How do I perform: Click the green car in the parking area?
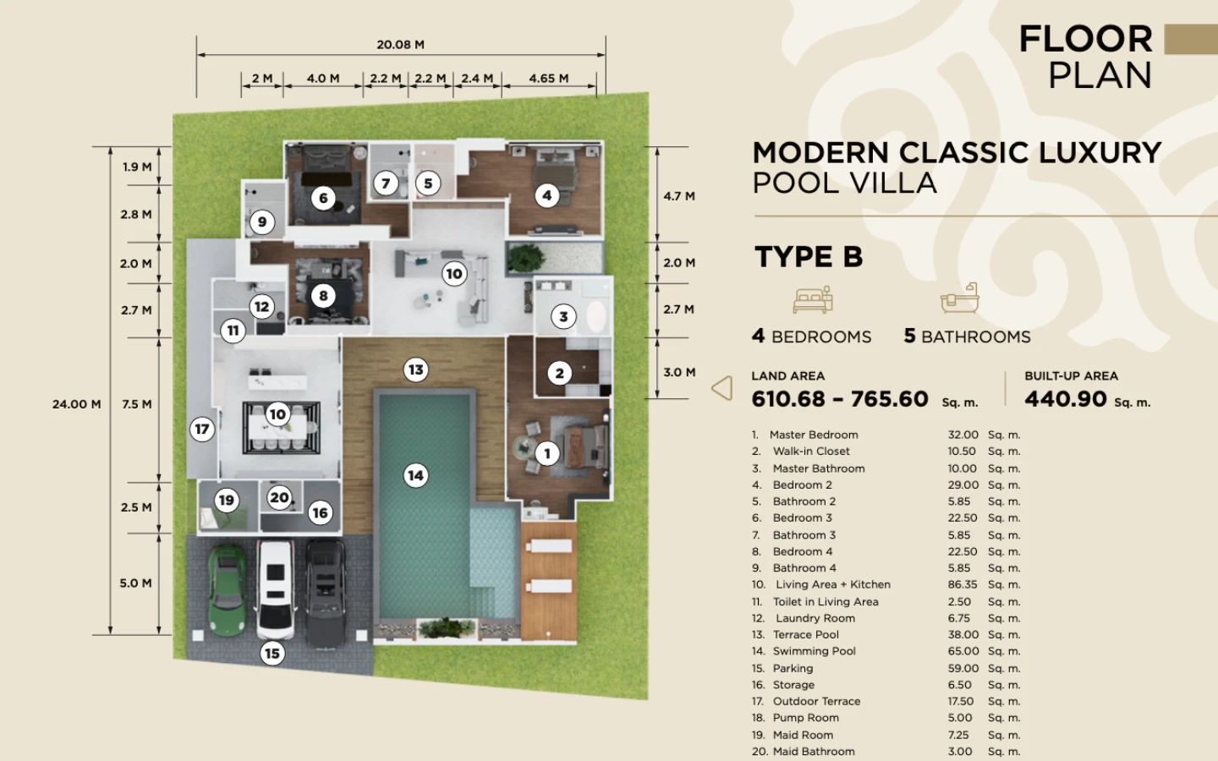pyautogui.click(x=226, y=591)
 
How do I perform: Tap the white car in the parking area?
pyautogui.click(x=276, y=589)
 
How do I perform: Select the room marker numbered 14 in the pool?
pyautogui.click(x=416, y=475)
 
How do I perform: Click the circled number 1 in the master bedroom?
pyautogui.click(x=547, y=453)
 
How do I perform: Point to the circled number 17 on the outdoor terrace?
pyautogui.click(x=201, y=430)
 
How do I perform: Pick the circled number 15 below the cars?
pyautogui.click(x=272, y=654)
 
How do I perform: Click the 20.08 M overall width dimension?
pyautogui.click(x=401, y=45)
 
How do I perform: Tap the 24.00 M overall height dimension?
pyautogui.click(x=77, y=404)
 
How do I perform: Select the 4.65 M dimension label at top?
pyautogui.click(x=549, y=79)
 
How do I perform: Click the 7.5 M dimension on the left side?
pyautogui.click(x=137, y=404)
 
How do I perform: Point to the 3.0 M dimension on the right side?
pyautogui.click(x=679, y=372)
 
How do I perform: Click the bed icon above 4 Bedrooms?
pyautogui.click(x=813, y=299)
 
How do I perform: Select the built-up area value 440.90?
pyautogui.click(x=1065, y=399)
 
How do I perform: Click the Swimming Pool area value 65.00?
pyautogui.click(x=963, y=651)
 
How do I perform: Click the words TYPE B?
pyautogui.click(x=809, y=256)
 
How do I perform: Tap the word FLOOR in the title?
pyautogui.click(x=1086, y=39)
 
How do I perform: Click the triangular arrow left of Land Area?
pyautogui.click(x=722, y=388)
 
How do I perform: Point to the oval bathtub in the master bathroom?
pyautogui.click(x=595, y=316)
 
